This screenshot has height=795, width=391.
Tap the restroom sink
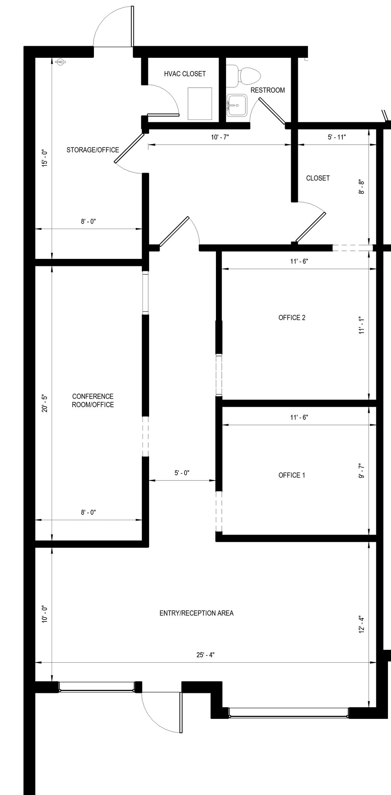(237, 105)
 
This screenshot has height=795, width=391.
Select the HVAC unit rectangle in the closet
(200, 103)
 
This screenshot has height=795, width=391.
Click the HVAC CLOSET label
(185, 74)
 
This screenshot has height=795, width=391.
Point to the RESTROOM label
(268, 90)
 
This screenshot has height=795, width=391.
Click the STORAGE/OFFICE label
(93, 150)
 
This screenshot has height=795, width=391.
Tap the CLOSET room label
(318, 178)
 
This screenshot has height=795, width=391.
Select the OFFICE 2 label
(292, 318)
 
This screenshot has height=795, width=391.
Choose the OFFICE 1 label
(292, 475)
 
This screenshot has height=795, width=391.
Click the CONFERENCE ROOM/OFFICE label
(93, 400)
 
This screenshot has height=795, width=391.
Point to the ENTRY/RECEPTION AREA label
(196, 613)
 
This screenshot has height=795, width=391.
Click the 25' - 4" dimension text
(205, 655)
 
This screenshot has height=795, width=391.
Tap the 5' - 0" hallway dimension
(182, 473)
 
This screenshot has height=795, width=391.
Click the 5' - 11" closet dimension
(337, 137)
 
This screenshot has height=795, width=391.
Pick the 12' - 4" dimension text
(361, 624)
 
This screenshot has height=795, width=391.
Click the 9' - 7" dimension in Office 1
(361, 471)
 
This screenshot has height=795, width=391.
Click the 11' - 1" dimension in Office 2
(361, 325)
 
